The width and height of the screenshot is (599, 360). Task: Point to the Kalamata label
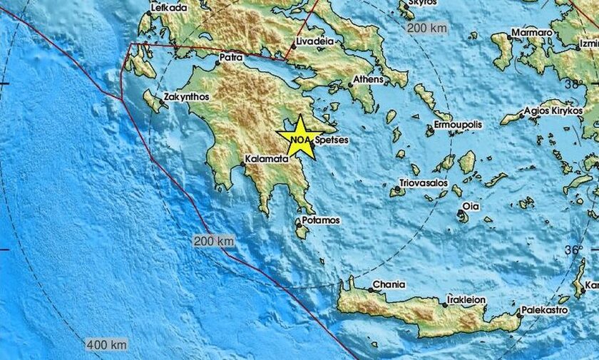(x=265, y=158)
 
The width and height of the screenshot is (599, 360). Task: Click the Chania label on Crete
(x=389, y=285)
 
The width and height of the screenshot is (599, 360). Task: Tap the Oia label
(x=471, y=207)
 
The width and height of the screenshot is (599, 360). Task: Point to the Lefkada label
(x=170, y=8)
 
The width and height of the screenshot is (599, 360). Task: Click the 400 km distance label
(x=106, y=345)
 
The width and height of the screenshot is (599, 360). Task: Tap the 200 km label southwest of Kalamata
(x=214, y=242)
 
